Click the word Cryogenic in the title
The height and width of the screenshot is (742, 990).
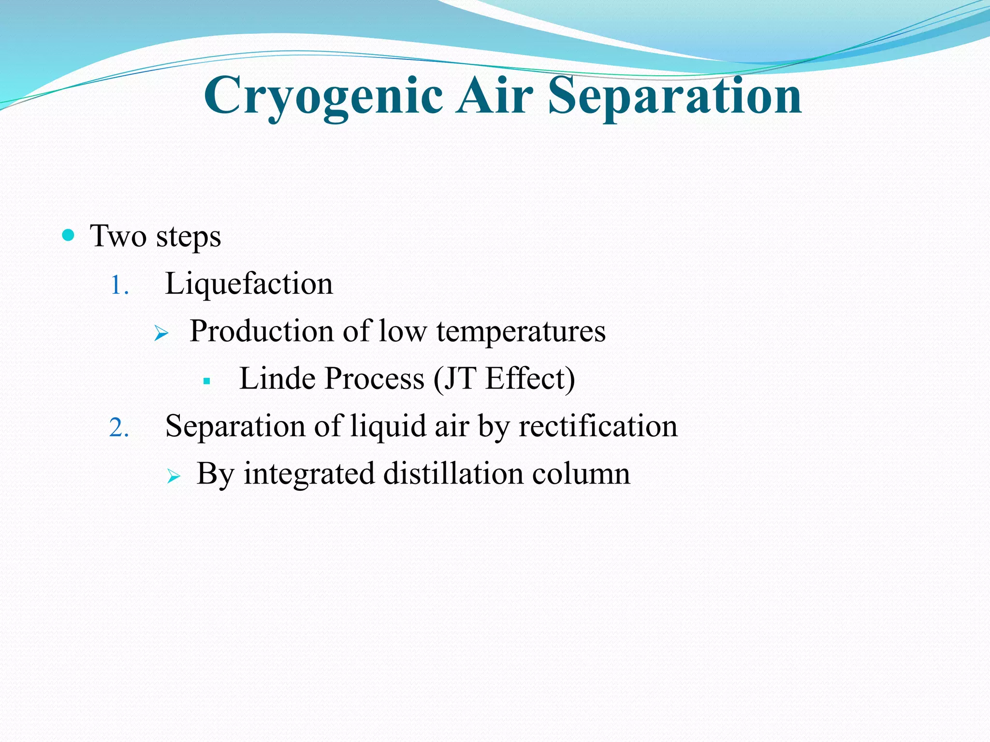click(323, 97)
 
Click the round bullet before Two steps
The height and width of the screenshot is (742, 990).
click(69, 236)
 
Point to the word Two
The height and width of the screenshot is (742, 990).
click(118, 236)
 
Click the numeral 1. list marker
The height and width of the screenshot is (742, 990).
click(119, 285)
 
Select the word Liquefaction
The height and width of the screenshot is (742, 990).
click(249, 284)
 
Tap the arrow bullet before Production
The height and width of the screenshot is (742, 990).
click(161, 333)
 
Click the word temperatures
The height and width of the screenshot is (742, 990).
click(521, 331)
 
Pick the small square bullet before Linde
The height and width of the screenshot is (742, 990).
click(207, 381)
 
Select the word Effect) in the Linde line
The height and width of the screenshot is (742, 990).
click(530, 378)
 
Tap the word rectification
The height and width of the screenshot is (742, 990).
click(598, 426)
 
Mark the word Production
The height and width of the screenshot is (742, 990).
click(262, 331)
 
